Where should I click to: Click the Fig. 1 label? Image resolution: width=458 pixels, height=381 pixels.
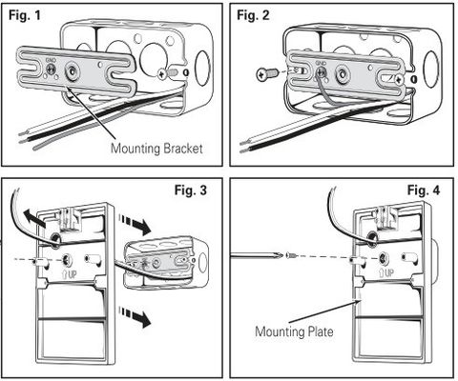(25, 15)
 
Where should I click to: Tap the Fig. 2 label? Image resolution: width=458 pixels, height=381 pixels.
(253, 15)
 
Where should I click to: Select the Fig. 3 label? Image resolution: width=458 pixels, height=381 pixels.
(191, 190)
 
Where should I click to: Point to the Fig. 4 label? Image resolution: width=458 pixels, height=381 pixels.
(424, 190)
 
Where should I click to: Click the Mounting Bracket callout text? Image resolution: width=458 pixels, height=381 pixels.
(156, 149)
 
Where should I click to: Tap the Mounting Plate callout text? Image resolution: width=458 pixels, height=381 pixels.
(294, 331)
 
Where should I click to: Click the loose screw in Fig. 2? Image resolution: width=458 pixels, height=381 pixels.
(265, 75)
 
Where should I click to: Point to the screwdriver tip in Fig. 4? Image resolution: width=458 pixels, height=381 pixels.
(280, 254)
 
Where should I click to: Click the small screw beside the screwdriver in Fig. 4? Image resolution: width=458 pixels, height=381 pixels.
(291, 254)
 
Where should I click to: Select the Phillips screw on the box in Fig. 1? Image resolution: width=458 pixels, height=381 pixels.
(162, 74)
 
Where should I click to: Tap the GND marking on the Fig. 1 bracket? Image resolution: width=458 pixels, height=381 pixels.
(51, 60)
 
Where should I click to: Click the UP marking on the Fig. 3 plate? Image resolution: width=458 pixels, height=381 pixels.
(69, 273)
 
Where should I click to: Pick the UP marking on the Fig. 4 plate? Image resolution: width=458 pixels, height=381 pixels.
(386, 272)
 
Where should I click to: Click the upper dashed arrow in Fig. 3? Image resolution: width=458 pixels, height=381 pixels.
(135, 223)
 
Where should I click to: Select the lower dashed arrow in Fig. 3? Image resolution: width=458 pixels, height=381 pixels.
(135, 316)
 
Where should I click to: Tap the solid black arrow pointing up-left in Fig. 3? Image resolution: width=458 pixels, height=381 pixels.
(34, 218)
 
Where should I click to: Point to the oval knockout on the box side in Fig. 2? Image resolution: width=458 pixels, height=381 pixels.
(432, 69)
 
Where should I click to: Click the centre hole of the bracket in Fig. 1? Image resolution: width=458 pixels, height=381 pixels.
(71, 70)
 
